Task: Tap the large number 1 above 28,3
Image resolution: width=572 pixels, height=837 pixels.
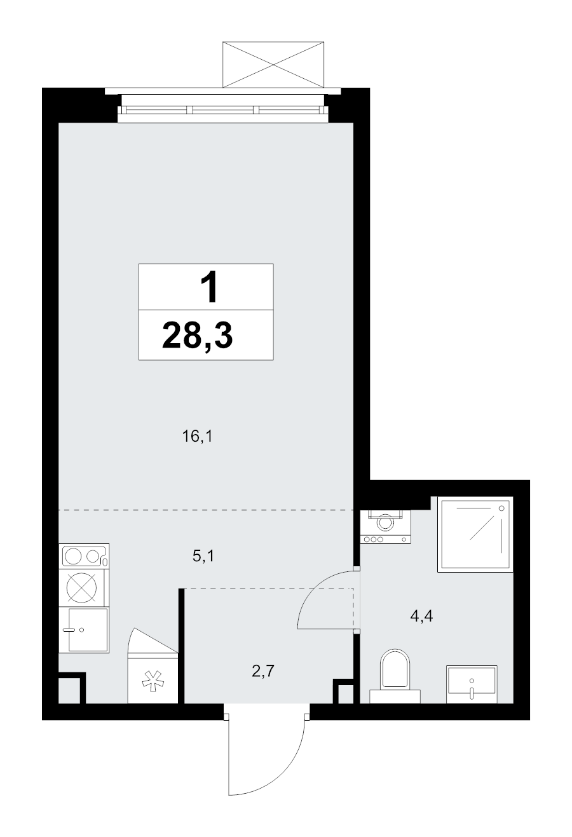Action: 209,287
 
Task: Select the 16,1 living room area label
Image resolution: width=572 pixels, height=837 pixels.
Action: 197,436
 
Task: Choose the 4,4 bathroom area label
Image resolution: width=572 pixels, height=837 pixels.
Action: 421,627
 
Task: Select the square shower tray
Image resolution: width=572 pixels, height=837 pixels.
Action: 475,534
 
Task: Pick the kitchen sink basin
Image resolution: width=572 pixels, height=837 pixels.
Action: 88,630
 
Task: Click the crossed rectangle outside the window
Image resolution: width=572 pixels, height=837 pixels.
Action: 273,65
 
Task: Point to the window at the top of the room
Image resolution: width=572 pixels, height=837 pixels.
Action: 223,110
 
